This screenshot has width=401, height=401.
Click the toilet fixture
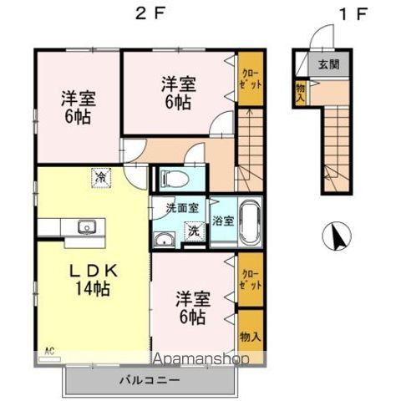coord(174,178)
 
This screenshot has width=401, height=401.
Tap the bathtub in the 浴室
coord(249,221)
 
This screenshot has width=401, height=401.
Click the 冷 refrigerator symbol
coord(100,177)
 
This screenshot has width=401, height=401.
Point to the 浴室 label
coord(221,221)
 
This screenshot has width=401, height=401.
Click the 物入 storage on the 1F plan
coord(299,91)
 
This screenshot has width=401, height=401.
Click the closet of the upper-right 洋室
coord(250,79)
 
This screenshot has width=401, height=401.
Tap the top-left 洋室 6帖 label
coord(77,107)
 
